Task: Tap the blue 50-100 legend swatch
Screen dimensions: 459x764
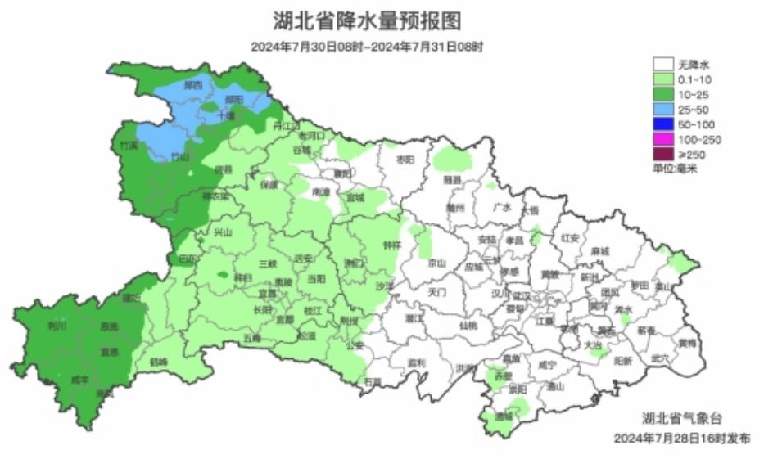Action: coord(662,124)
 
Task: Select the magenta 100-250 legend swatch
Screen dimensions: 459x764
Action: coord(662,139)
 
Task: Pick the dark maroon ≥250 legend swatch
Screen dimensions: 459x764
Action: coord(662,154)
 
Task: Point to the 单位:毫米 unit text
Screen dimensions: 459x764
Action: coord(674,169)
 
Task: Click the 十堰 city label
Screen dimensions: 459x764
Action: coord(225,116)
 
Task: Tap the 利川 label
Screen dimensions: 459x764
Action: coord(57,326)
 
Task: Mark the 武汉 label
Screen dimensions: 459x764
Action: coord(522,295)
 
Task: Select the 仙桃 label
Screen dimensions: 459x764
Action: coord(468,326)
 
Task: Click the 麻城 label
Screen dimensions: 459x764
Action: coord(599,251)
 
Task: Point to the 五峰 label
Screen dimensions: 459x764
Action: coord(252,338)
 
